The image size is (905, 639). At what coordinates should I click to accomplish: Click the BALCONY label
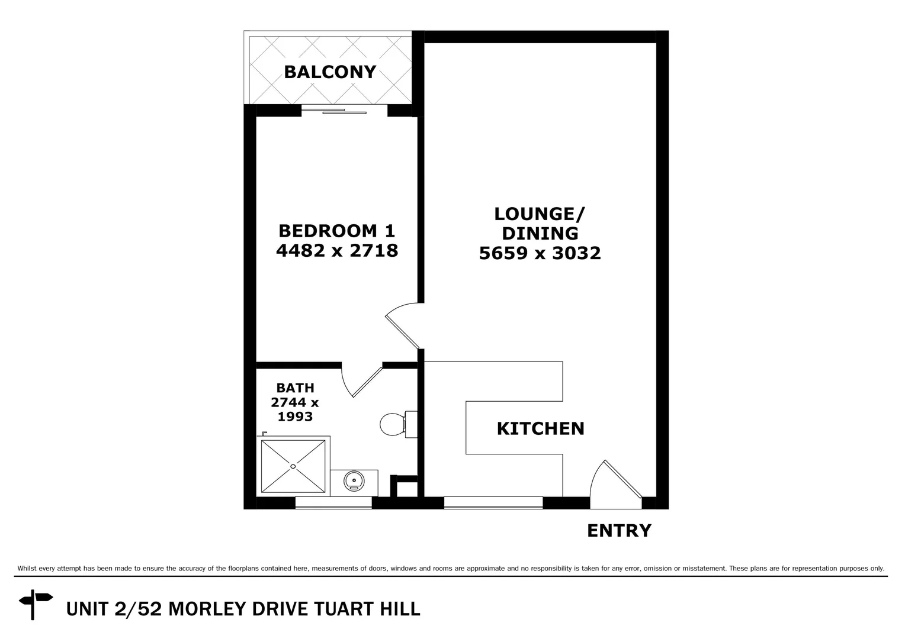tap(330, 72)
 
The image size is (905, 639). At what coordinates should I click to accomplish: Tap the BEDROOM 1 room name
tap(336, 230)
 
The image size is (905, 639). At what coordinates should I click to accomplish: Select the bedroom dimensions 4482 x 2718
tap(336, 250)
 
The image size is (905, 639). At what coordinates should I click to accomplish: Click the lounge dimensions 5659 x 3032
tap(540, 253)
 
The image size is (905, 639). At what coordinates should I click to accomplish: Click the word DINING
tap(540, 233)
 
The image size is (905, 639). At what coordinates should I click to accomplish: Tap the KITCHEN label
tap(540, 428)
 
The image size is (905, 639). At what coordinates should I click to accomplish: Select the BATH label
tap(295, 388)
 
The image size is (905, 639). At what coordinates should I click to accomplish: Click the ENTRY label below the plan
tap(619, 531)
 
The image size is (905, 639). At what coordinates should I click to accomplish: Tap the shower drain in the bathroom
tap(293, 466)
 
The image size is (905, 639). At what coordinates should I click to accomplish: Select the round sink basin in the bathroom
tap(354, 480)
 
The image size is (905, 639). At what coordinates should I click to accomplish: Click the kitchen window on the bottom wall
tap(493, 503)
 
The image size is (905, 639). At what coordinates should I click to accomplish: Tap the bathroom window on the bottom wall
tap(333, 503)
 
